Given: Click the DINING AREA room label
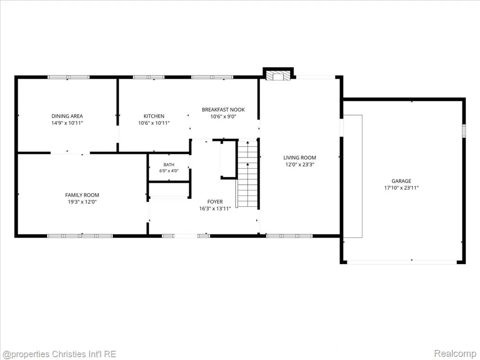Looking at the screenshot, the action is point(67,116).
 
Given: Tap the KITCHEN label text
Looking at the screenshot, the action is point(154,116).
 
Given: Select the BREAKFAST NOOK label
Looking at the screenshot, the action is point(223,109).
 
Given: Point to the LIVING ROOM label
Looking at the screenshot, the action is point(300,157).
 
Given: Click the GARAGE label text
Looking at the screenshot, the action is point(401,181).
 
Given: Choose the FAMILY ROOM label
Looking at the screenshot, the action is point(82,195).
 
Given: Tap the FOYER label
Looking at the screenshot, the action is point(215,202).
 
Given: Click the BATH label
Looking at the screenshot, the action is point(169,165).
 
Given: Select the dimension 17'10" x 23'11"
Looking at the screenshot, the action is point(401,188).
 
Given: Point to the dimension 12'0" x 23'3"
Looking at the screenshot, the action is point(300,164).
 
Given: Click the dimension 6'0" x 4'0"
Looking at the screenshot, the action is point(169,171).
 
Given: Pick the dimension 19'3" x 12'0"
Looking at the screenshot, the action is point(82,202).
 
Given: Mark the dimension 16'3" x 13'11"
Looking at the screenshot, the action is point(215,209).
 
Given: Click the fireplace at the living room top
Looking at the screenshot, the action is point(278,76).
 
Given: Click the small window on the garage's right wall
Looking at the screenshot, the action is point(464,131).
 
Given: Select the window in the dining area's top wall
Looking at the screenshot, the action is point(69,77).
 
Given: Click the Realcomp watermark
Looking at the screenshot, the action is point(455,354).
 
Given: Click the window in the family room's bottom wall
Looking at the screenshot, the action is point(80,236).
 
